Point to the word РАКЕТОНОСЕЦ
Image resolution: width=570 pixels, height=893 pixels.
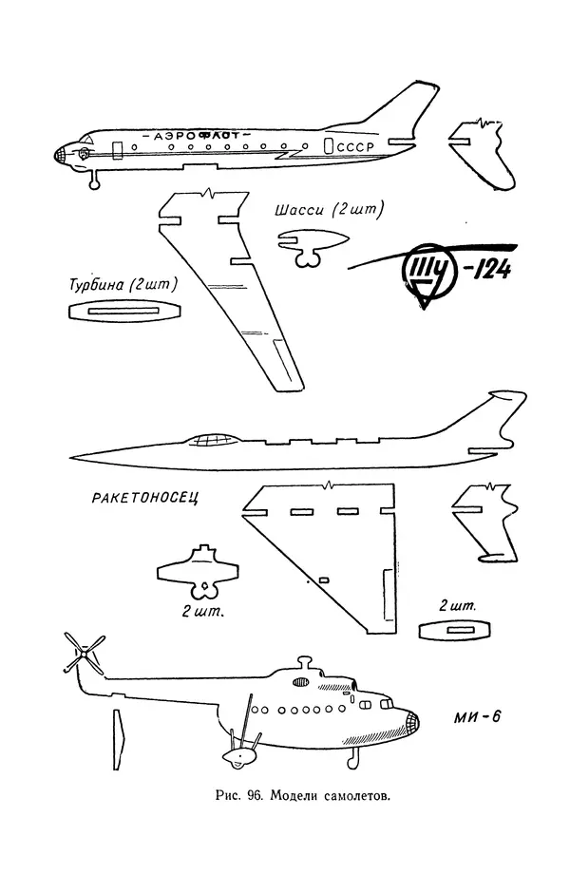click(146, 498)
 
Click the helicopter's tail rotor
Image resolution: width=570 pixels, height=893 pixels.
click(85, 654)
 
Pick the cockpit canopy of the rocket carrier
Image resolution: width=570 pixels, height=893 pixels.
click(216, 440)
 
